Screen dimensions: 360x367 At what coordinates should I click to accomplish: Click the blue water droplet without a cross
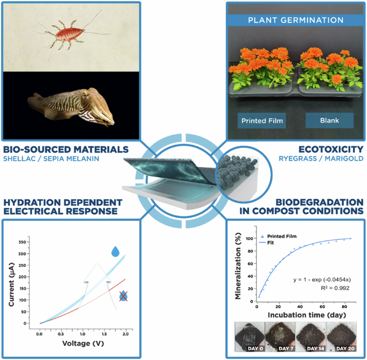click(116, 251)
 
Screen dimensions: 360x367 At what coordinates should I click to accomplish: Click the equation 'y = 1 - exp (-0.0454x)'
click(320, 279)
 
